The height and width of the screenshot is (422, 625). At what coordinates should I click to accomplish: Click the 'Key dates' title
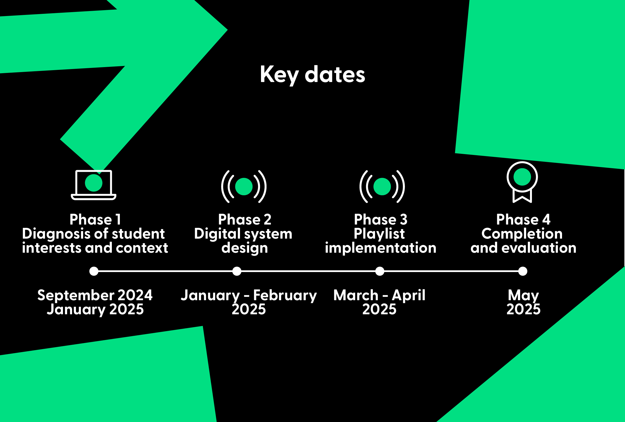(313, 75)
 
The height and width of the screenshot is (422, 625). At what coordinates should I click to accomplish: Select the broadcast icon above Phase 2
(244, 186)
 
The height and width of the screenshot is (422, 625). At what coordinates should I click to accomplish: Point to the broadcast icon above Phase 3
(382, 186)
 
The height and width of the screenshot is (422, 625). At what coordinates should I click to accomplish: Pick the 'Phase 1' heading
(95, 220)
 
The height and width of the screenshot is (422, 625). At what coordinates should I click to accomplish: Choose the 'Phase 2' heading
(245, 220)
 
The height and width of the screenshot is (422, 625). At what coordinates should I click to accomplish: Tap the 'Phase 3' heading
(381, 220)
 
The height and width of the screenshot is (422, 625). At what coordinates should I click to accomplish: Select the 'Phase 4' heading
(523, 220)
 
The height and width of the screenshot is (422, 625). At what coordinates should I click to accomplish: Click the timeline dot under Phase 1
(94, 271)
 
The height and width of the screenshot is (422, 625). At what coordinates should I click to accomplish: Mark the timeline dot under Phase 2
(237, 271)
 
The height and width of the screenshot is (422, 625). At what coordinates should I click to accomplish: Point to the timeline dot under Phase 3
(380, 271)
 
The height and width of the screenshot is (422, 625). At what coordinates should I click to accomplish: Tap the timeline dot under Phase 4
(523, 271)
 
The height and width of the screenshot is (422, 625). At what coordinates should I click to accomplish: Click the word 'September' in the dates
(72, 296)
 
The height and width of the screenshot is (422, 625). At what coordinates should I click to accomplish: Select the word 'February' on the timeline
(285, 296)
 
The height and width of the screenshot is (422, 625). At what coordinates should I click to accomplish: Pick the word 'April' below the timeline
(408, 296)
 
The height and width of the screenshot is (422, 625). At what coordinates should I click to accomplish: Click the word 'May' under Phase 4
(523, 296)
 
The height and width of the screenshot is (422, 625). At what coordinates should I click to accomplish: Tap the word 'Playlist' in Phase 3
(379, 234)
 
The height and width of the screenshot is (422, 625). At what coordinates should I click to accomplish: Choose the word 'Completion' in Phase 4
(522, 234)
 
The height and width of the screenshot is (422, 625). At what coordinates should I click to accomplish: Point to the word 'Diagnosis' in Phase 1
(56, 234)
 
